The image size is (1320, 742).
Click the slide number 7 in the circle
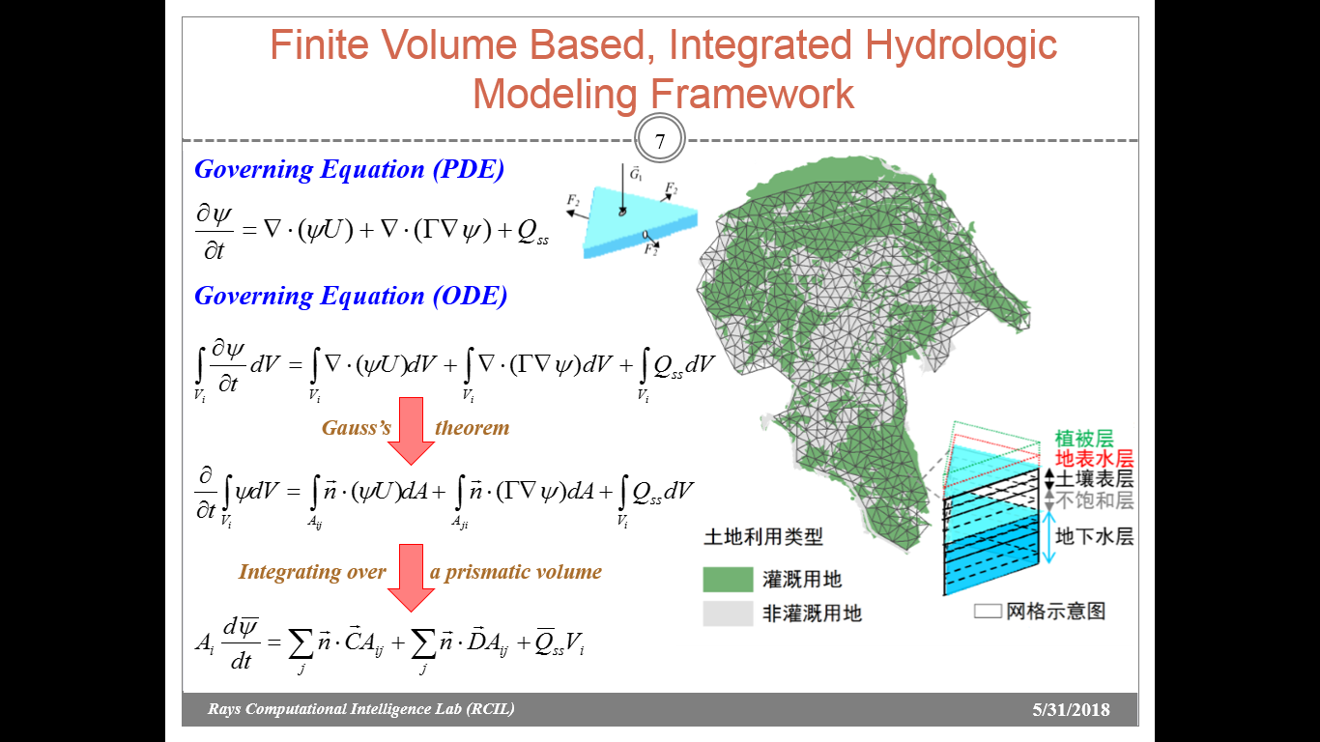(659, 141)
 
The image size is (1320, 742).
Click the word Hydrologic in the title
(961, 46)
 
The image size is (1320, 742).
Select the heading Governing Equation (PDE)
(350, 169)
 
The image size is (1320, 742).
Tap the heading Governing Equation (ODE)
(351, 296)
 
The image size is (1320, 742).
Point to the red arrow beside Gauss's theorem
(411, 431)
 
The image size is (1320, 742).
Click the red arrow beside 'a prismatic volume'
(411, 578)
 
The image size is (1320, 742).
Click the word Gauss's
(357, 427)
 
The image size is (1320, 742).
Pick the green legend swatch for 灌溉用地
(728, 580)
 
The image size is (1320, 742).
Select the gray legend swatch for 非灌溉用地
(728, 614)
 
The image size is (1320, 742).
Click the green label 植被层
(1083, 439)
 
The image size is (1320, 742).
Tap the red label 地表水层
(1094, 459)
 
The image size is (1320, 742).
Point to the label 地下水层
(1094, 536)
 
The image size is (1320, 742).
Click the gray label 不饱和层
(1094, 500)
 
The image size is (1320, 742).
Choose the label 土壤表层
(1094, 478)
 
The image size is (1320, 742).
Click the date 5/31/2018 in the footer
(1071, 709)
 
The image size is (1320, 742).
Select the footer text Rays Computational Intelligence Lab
(334, 708)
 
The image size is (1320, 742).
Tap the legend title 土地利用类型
(763, 537)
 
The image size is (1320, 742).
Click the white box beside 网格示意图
(988, 612)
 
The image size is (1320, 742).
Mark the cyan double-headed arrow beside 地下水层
(1048, 537)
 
